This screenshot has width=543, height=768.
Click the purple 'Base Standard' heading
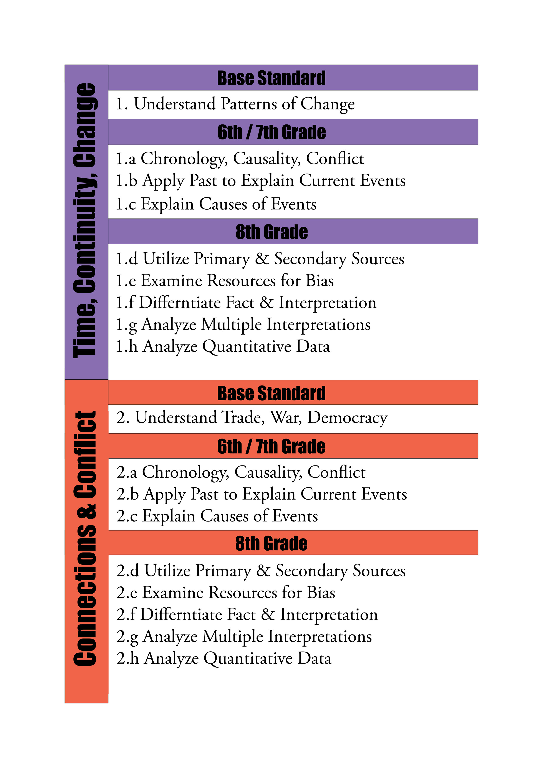(271, 78)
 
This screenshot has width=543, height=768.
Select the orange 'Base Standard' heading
(271, 393)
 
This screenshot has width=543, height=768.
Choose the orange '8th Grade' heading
(271, 543)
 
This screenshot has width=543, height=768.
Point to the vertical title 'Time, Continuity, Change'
(86, 221)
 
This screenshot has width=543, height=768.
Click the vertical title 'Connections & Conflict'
(86, 539)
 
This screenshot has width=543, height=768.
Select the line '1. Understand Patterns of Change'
(235, 104)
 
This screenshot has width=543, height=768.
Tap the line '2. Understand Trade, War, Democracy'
(252, 418)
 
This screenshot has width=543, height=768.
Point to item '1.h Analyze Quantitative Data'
(223, 347)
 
